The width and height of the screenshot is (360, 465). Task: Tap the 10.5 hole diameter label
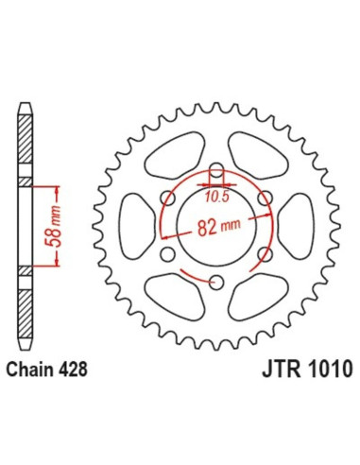point(215,196)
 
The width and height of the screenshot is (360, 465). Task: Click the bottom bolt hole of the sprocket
point(215,281)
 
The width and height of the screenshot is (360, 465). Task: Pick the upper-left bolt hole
point(168,198)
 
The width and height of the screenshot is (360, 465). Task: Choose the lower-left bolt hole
point(168,254)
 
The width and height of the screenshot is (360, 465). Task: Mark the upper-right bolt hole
point(264,198)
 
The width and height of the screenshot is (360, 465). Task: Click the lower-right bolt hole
point(264,254)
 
